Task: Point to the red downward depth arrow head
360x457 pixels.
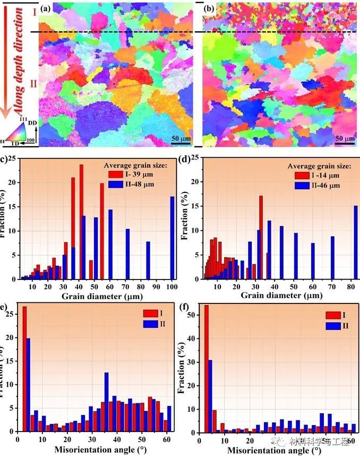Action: click(x=6, y=112)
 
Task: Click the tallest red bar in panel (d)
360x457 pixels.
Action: click(x=261, y=237)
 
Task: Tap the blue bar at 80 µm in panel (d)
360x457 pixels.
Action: click(x=356, y=242)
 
